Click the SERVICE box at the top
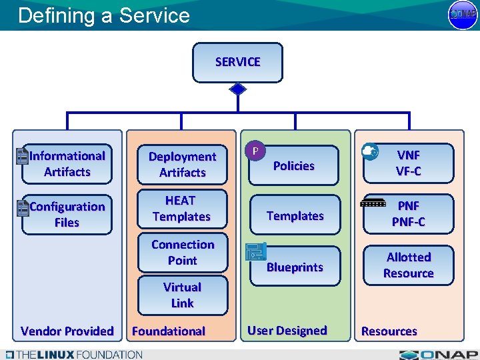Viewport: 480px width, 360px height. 237,62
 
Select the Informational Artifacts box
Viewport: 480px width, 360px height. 67,164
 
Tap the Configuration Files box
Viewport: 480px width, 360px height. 67,215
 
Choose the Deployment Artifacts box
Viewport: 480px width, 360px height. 182,165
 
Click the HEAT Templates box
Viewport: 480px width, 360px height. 181,209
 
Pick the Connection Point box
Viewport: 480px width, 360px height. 182,253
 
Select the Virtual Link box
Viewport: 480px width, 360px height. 182,295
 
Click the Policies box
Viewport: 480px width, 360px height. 294,166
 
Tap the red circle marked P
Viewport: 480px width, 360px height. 255,151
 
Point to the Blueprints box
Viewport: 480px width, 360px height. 295,267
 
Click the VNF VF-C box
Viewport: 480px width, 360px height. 409,163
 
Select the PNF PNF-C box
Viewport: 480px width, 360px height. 409,214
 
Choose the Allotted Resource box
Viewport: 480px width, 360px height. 409,265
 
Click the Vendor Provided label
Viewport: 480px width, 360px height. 67,331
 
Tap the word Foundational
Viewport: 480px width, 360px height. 169,331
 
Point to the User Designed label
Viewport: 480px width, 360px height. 287,331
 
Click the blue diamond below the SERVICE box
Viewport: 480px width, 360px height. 237,89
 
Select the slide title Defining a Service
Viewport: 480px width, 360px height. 104,15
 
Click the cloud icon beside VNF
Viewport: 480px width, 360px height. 370,152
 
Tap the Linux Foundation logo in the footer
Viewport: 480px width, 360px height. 73,354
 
